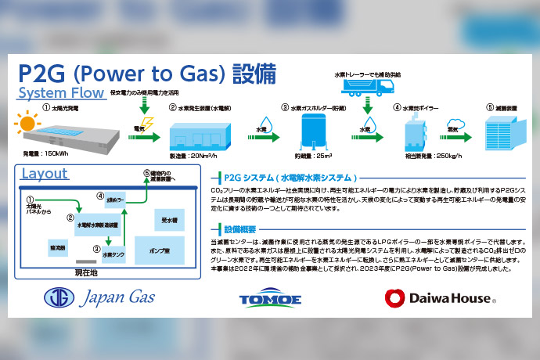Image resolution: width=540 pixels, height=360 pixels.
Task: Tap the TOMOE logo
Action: (269, 298)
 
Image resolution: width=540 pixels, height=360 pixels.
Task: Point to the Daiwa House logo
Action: (437, 297)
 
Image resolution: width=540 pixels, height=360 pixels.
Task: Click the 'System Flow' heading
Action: (60, 94)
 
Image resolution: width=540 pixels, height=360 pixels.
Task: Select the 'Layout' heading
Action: (45, 173)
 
